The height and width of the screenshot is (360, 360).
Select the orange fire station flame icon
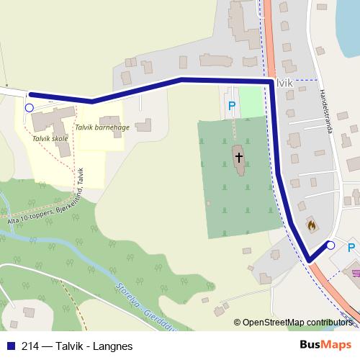(x=311, y=225)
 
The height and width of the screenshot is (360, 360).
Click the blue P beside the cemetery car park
(x=231, y=107)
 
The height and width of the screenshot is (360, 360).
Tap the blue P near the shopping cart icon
(x=351, y=248)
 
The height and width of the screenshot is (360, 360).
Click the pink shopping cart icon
(x=355, y=271)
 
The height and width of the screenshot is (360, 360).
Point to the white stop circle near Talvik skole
(x=29, y=108)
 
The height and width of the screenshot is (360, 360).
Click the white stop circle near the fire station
(x=330, y=246)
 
